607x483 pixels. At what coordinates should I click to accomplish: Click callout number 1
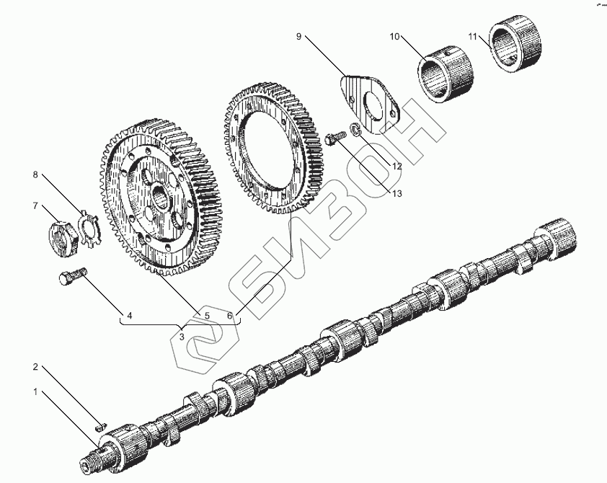click(x=34, y=391)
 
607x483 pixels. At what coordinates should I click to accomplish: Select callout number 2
click(x=34, y=367)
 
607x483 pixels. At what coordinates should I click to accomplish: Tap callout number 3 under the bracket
click(x=182, y=336)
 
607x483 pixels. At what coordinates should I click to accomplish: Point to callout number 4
click(x=130, y=315)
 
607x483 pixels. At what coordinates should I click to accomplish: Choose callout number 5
click(x=206, y=315)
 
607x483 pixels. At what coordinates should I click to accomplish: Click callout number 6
click(x=229, y=315)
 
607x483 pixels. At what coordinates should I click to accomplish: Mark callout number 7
click(x=34, y=206)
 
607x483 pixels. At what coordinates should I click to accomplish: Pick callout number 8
click(x=34, y=175)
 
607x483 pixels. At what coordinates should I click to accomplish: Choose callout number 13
click(x=396, y=193)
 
